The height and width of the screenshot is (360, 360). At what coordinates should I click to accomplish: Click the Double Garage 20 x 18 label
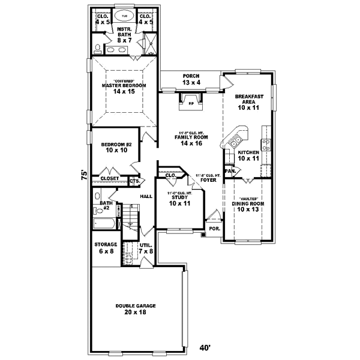click(136, 309)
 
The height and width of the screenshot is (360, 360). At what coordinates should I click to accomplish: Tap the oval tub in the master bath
click(124, 16)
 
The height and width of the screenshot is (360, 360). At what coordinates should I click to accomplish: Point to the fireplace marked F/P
click(191, 100)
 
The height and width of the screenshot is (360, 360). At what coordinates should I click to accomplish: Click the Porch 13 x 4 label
click(191, 79)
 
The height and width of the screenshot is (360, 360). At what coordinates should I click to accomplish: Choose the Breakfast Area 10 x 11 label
click(246, 102)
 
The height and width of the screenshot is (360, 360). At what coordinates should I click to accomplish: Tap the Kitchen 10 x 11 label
click(248, 156)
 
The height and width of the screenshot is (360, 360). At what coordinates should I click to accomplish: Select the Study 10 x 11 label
click(178, 200)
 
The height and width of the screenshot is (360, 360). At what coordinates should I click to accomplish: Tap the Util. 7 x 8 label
click(146, 248)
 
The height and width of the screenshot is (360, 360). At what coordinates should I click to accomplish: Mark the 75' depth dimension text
click(85, 175)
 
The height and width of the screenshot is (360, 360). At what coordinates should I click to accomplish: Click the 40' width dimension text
click(206, 348)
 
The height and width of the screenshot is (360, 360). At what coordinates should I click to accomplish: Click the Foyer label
click(208, 178)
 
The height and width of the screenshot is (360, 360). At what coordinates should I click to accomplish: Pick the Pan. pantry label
click(229, 171)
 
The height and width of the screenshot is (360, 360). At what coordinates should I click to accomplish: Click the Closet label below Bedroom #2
click(109, 178)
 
